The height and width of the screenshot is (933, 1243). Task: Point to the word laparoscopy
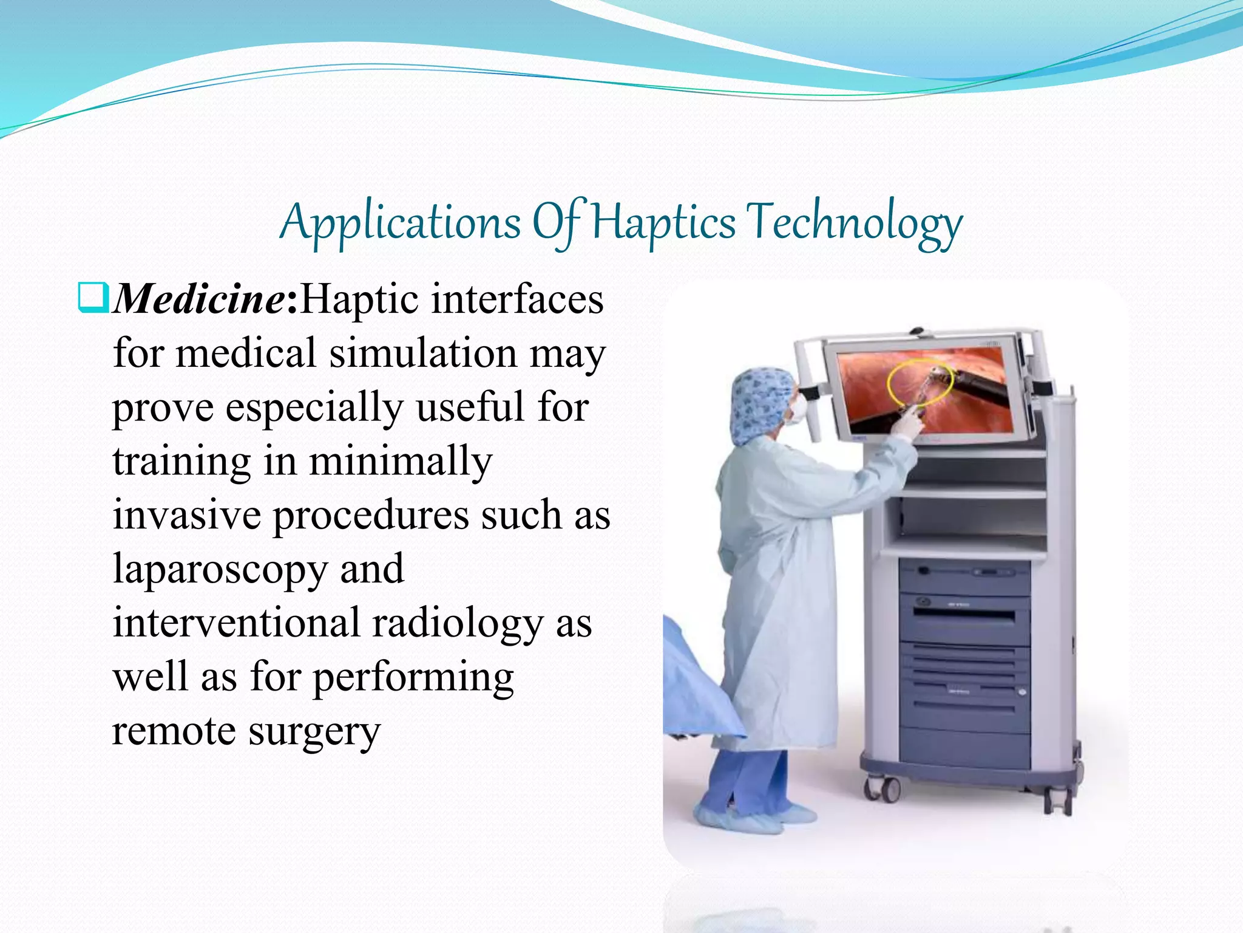click(x=220, y=570)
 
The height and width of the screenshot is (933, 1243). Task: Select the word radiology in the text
click(x=458, y=624)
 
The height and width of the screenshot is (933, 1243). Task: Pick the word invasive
click(x=186, y=516)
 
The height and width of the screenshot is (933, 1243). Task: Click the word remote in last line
click(x=174, y=731)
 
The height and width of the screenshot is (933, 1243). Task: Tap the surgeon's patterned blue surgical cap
click(x=762, y=401)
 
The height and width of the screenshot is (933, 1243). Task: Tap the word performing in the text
click(x=413, y=678)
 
